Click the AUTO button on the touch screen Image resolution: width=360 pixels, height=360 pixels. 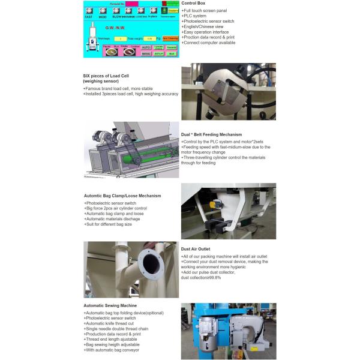[146, 46]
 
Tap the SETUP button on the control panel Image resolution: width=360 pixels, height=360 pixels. [158, 53]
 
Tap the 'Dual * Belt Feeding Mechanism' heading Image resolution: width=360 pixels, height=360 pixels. [211, 134]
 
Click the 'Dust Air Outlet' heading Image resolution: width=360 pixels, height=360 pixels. [195, 248]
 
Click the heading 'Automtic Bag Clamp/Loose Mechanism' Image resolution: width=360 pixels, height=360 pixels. [122, 196]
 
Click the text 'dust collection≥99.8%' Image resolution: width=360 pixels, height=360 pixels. [205, 277]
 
